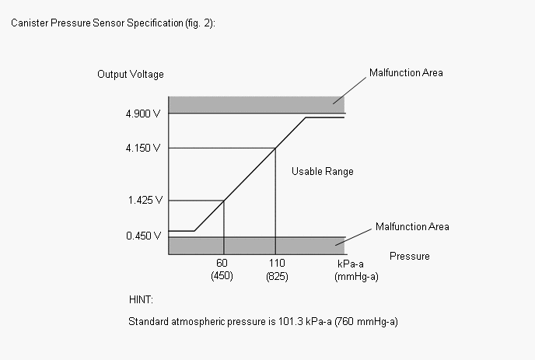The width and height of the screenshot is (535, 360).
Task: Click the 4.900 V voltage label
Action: point(144,114)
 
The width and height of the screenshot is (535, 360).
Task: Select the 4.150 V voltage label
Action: point(144,148)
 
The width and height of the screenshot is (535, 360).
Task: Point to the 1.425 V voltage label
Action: point(144,200)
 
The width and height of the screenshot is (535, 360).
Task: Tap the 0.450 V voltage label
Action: point(144,235)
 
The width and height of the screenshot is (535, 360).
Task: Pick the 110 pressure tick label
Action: point(274,264)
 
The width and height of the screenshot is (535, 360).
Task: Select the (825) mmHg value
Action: point(274,276)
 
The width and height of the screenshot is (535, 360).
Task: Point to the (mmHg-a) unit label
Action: point(355,276)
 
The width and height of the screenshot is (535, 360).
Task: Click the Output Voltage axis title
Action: point(131,75)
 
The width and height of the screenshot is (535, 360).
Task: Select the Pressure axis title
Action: point(409,256)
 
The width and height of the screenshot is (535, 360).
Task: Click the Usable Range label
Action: point(322,171)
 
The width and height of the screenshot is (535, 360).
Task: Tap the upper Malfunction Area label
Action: point(406,73)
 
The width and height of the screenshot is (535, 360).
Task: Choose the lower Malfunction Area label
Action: point(412,227)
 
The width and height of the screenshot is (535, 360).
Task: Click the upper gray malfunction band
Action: point(256,105)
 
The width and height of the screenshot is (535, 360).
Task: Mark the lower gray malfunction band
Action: point(256,246)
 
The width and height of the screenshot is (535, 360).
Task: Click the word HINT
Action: point(141,299)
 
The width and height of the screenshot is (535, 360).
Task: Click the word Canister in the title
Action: point(29,23)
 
